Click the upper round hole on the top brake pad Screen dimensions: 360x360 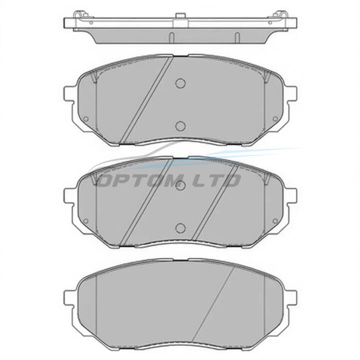point(180,83)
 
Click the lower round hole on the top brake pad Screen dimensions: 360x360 point(180,126)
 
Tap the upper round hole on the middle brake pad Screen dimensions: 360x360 point(180,185)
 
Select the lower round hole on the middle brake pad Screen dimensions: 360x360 point(180,227)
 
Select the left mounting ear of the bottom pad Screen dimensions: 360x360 point(69,298)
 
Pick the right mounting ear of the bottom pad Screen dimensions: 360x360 point(291,298)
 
